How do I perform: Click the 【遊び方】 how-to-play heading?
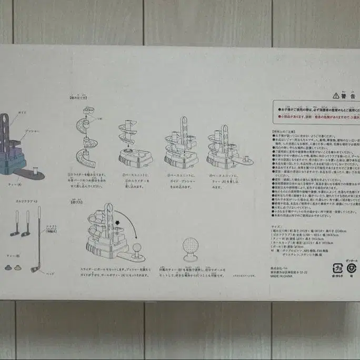tap(76, 201)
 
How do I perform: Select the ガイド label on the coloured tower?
tap(23, 113)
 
